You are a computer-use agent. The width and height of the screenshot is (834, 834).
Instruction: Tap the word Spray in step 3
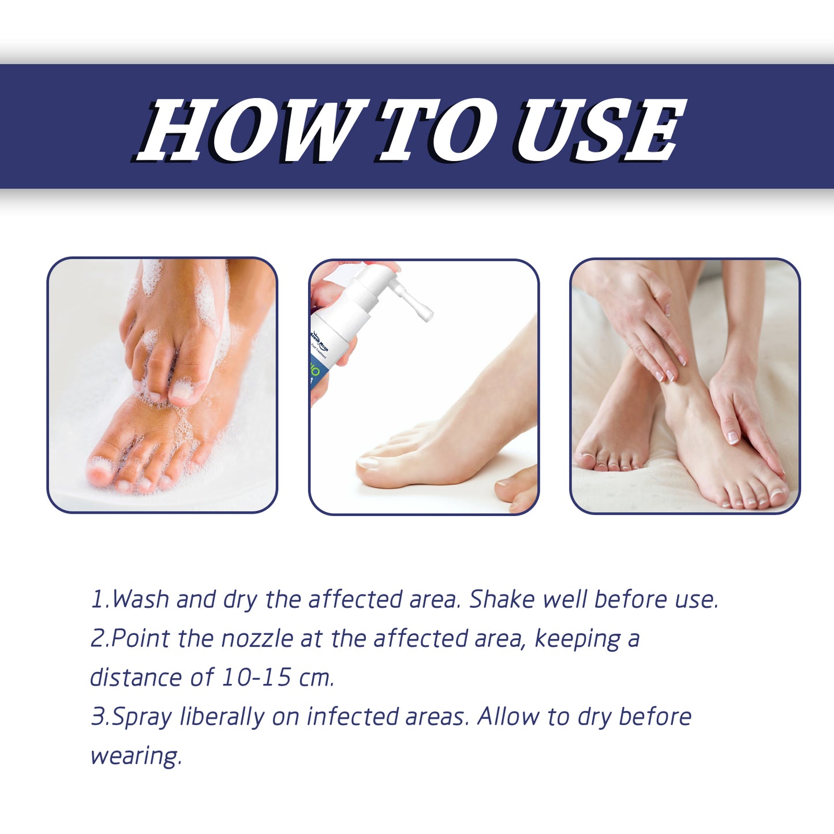pos(141,717)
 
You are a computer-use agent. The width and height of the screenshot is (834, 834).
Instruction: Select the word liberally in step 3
pos(222,717)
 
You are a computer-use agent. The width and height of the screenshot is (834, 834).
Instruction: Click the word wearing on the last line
pos(136,756)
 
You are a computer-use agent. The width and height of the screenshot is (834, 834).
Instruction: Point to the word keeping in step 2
pos(577,639)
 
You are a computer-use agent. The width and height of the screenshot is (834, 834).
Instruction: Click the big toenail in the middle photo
pos(368,462)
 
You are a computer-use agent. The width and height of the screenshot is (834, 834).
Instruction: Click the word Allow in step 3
pos(508,717)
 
